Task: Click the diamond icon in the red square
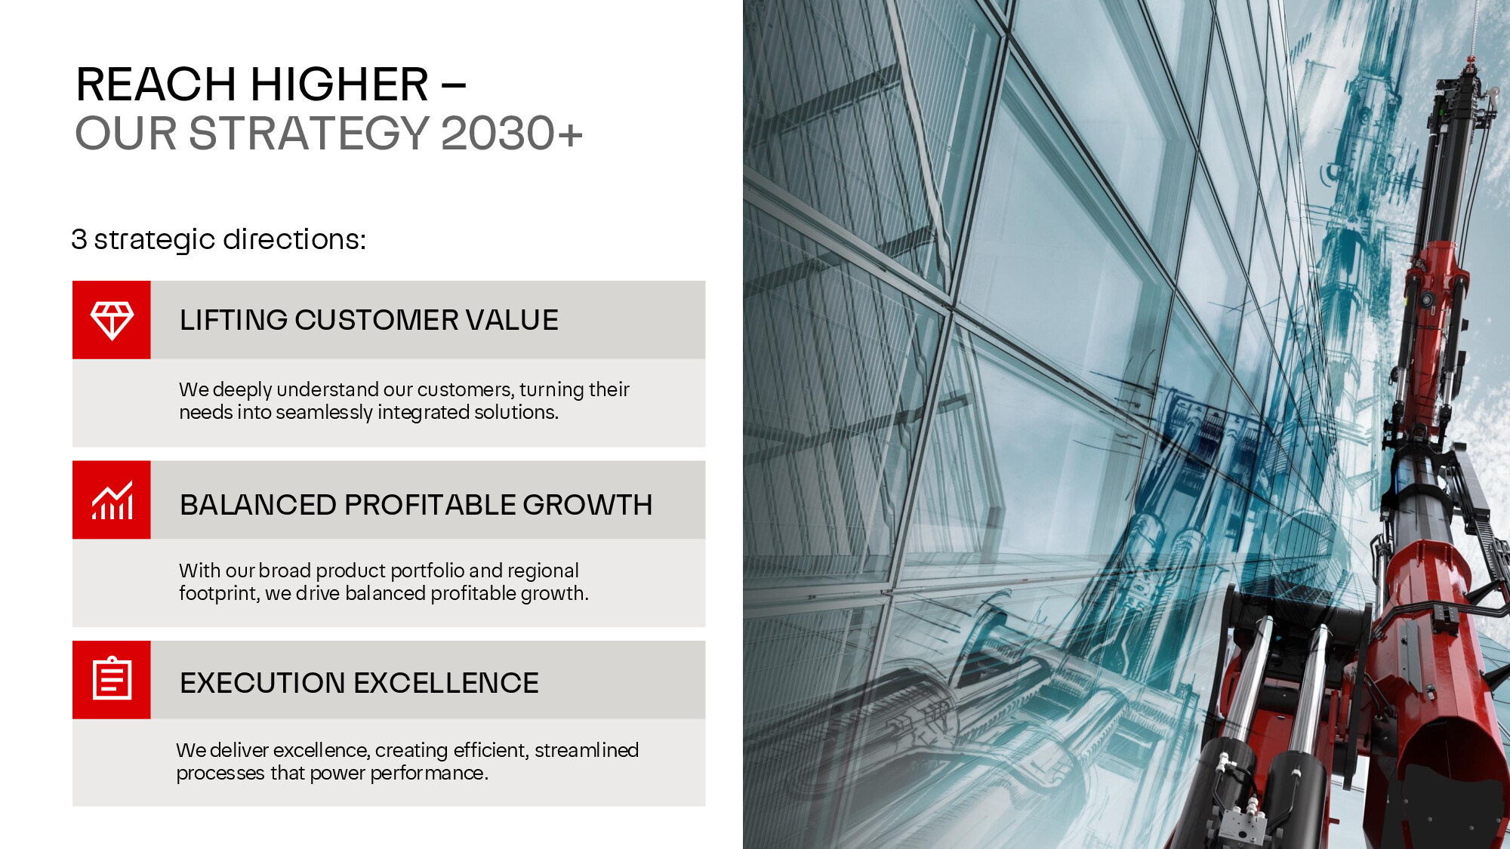pos(112,320)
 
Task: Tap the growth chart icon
pos(112,500)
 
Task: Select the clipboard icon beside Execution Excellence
pos(112,678)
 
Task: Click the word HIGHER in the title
pos(339,84)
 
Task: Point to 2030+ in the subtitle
pos(512,133)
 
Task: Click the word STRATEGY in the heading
pos(309,133)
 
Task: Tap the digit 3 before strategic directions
pos(79,239)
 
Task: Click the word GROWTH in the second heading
pos(587,505)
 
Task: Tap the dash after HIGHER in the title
pos(454,85)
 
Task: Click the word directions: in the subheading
pos(294,239)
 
